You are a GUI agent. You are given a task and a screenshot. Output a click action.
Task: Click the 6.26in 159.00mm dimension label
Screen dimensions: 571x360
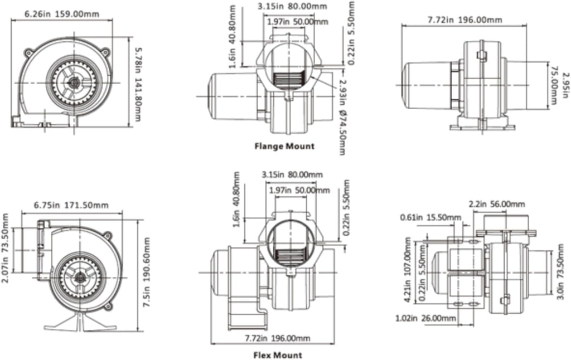61,14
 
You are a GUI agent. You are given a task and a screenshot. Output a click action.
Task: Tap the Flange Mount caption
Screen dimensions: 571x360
284,147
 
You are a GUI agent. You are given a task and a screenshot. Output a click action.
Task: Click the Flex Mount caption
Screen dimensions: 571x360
278,355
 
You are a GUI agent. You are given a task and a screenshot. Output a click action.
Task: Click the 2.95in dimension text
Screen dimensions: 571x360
565,85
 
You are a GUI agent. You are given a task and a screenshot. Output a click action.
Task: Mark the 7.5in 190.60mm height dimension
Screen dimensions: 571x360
147,273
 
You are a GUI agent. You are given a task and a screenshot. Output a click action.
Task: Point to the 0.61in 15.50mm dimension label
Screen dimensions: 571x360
430,218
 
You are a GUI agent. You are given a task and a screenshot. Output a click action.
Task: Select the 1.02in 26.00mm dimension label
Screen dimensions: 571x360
425,319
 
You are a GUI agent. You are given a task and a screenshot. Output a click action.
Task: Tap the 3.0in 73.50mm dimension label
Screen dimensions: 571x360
561,271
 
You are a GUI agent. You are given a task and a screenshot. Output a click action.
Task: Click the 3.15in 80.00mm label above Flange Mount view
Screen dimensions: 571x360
292,6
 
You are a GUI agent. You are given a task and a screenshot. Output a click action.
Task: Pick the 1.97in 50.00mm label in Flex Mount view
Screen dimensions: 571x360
299,190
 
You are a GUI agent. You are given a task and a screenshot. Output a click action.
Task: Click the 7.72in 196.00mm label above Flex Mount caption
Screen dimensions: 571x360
277,338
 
